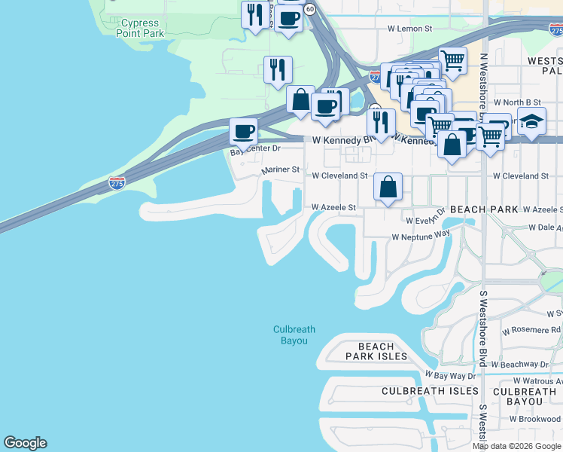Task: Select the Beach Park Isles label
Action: (376, 351)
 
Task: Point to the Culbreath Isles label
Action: (430, 391)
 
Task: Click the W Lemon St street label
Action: (409, 29)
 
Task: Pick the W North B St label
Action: (517, 102)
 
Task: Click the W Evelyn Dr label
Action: (426, 221)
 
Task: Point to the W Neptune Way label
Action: (420, 237)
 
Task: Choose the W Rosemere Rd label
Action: (531, 330)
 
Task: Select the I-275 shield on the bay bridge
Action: (117, 183)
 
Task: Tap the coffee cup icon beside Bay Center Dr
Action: (243, 131)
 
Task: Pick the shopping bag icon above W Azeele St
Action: (388, 186)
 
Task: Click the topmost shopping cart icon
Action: (452, 59)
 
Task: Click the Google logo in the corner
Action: (25, 443)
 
